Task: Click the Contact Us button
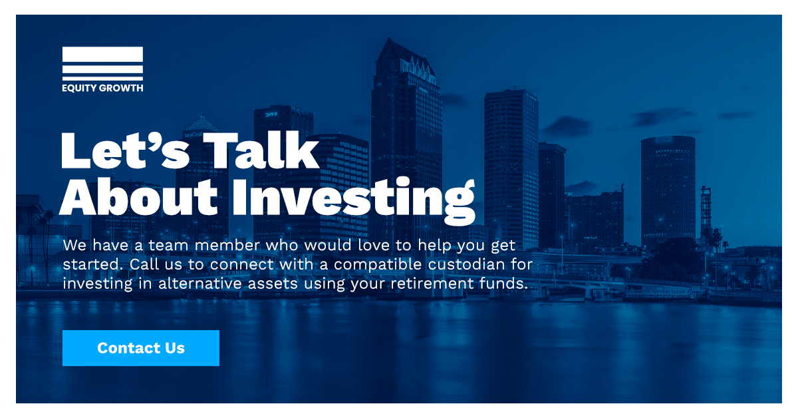coord(141,347)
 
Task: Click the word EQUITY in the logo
coord(78,88)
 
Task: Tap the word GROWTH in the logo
coord(121,88)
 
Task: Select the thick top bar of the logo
coord(102,54)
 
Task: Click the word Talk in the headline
coord(261,150)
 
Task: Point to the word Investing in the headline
coord(354,200)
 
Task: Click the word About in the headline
coord(138,196)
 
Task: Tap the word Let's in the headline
coord(125,150)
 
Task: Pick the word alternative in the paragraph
coord(228,284)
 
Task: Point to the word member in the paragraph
coord(227,245)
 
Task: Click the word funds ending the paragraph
coord(503,284)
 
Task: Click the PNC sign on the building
coord(271,114)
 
